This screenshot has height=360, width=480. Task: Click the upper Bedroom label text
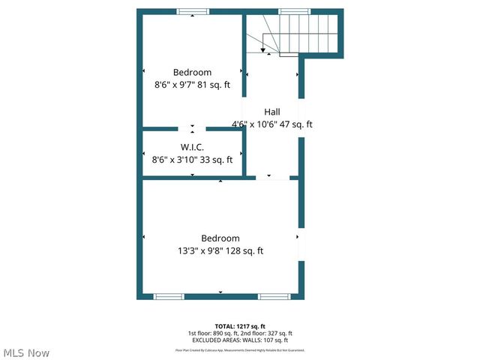coord(192,72)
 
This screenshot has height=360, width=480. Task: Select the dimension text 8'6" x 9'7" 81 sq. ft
coord(192,85)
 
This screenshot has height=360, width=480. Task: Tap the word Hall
coord(271,111)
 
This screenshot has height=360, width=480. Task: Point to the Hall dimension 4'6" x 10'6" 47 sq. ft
coord(271,124)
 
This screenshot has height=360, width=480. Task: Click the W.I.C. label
coord(192,146)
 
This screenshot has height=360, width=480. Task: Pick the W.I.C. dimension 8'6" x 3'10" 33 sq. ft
coord(192,159)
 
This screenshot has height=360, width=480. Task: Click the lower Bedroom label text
coord(220,238)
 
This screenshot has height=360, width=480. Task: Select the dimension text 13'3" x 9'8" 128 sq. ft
coord(220,251)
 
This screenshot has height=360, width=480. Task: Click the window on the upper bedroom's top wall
coord(193,12)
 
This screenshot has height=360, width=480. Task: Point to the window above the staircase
coord(294,12)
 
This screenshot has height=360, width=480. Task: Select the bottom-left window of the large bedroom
coord(169,296)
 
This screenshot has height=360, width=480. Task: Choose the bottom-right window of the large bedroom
coord(274,296)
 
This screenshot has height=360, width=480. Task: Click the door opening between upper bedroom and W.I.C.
coord(192,129)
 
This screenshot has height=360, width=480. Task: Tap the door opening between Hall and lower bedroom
coord(271,178)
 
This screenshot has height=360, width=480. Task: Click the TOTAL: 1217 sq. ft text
coord(240,326)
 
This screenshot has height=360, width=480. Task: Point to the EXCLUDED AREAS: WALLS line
coord(240,340)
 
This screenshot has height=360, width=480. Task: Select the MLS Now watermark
coord(26,352)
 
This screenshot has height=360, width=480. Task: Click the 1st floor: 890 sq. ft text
coord(213,333)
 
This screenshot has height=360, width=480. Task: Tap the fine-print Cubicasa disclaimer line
coord(240,349)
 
